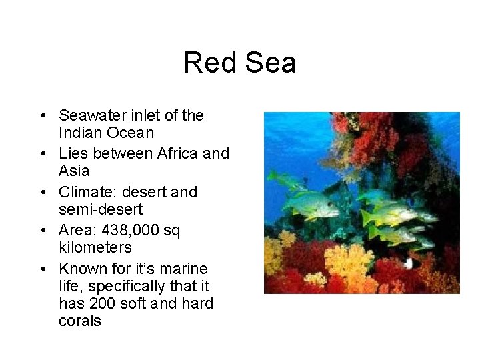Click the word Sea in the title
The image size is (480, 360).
[270, 63]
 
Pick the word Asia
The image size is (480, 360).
[74, 171]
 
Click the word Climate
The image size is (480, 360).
[85, 193]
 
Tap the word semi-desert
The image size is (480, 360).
[101, 210]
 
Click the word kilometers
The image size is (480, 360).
[95, 248]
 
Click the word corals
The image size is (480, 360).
[80, 321]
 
